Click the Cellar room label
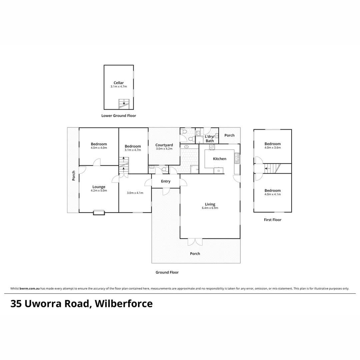click(x=118, y=83)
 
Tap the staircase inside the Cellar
click(x=124, y=104)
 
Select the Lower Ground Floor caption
click(x=119, y=116)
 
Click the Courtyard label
click(x=164, y=145)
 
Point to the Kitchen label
click(x=219, y=159)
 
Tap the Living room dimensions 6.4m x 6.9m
click(x=210, y=208)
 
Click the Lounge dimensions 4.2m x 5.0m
click(x=99, y=191)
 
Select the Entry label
click(x=166, y=181)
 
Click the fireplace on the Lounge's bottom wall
click(x=99, y=212)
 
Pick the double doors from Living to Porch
click(x=195, y=242)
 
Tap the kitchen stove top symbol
click(x=212, y=147)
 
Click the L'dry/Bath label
click(x=210, y=139)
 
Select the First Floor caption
click(x=273, y=220)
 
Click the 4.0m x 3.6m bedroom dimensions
click(x=273, y=148)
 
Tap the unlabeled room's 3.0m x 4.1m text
click(x=135, y=193)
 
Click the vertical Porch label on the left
click(x=73, y=176)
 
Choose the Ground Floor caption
click(x=167, y=272)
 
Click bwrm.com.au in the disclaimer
click(x=30, y=289)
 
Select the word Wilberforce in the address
click(x=124, y=304)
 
